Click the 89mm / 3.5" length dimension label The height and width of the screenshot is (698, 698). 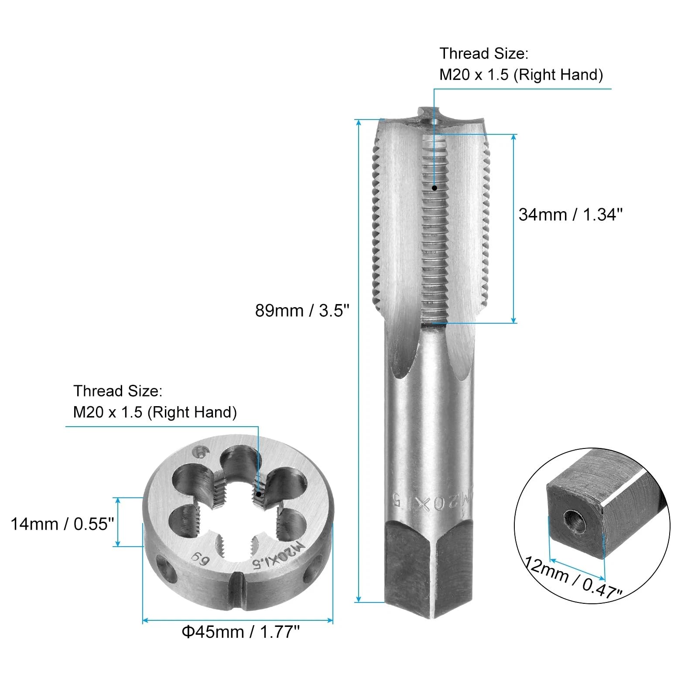302,311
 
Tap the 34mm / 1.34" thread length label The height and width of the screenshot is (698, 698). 571,215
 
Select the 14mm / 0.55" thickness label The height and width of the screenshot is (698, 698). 62,524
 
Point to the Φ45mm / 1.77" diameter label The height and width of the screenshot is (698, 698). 240,632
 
